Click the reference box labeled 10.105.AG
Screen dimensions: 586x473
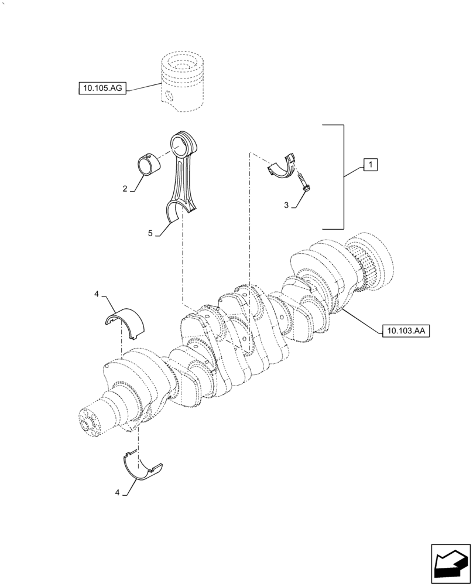[102, 88]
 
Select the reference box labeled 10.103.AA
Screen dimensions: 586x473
[405, 331]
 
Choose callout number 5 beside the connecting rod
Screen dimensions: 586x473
[150, 233]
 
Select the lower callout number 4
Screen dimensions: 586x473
[117, 493]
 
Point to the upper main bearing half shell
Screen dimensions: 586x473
[125, 322]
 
